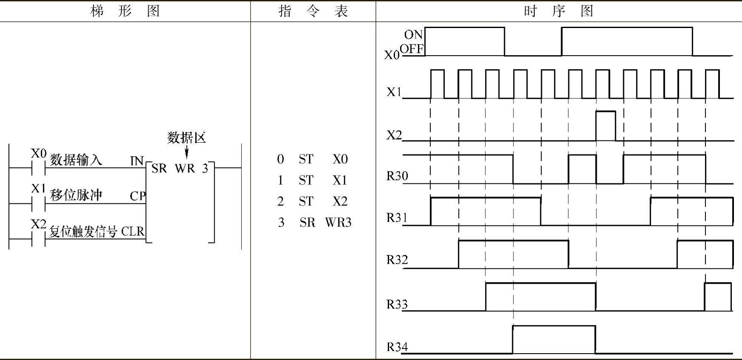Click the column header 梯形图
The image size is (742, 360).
tap(125, 11)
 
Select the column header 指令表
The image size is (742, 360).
tap(313, 11)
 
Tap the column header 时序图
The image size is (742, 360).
tap(558, 11)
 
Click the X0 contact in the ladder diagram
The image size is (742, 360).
tap(38, 167)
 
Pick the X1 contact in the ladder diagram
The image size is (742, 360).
tap(38, 203)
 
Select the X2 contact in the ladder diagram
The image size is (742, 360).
tap(38, 239)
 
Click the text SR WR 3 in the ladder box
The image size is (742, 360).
tap(180, 169)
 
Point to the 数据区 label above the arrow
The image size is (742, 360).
tap(186, 138)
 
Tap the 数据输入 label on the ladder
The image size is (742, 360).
tap(76, 160)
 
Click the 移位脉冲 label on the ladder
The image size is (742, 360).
tap(76, 195)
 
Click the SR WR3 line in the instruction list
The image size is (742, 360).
tap(314, 222)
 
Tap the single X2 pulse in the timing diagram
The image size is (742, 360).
tap(605, 126)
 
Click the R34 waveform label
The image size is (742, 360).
tap(397, 347)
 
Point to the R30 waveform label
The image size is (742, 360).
tap(397, 176)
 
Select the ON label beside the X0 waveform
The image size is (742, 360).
tap(413, 34)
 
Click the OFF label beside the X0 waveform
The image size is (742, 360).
tap(412, 49)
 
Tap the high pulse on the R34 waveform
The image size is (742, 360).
tap(554, 339)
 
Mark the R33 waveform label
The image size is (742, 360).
tap(397, 304)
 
